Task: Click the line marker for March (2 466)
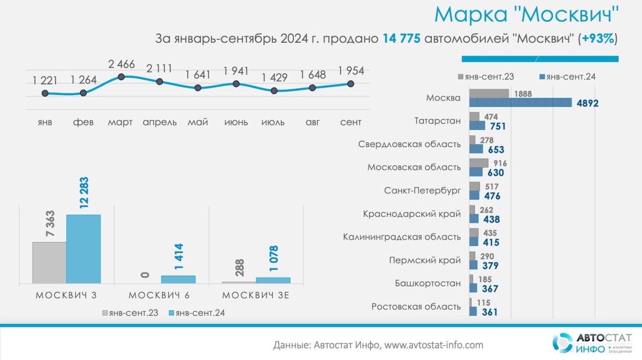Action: (121, 77)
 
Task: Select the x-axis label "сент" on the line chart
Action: (351, 122)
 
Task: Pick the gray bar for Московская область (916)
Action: (479, 163)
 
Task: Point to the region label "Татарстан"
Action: (437, 121)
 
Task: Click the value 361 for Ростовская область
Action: (490, 312)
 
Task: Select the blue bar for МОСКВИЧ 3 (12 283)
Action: (83, 249)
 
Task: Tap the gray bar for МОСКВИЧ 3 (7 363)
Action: (49, 263)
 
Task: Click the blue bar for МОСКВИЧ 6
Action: (178, 279)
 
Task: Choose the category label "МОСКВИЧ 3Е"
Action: (256, 295)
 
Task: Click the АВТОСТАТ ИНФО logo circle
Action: (562, 343)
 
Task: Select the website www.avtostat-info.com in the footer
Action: (434, 345)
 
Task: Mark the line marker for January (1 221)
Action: (45, 93)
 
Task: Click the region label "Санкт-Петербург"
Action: (422, 191)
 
